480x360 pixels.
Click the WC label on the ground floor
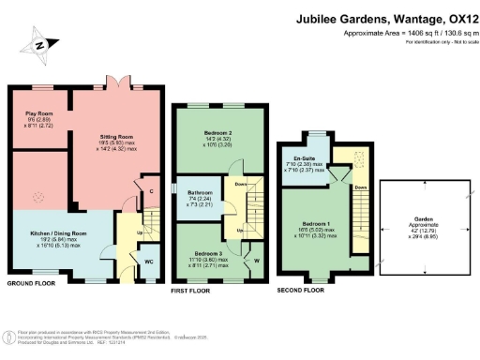(148, 262)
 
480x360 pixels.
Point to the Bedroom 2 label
(217, 133)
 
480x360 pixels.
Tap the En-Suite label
(304, 157)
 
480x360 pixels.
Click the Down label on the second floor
(361, 187)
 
